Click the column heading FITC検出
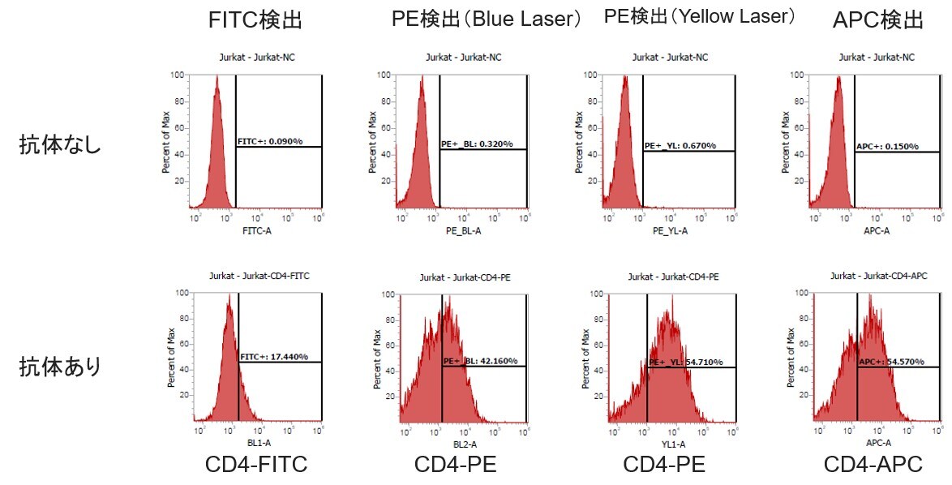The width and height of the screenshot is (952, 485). point(255,20)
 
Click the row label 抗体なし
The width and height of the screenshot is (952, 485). point(60,146)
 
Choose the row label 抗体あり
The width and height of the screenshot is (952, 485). point(60,367)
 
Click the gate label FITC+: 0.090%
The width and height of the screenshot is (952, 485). point(270,142)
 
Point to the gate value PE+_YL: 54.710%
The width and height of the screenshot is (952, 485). point(686,362)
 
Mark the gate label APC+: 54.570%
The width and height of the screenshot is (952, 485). point(890,362)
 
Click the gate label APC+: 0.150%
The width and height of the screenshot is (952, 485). point(887,146)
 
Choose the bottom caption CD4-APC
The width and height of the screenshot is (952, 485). point(873,466)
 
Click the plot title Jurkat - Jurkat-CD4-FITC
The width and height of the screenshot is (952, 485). point(259,276)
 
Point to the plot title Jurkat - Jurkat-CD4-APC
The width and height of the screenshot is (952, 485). point(879,277)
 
